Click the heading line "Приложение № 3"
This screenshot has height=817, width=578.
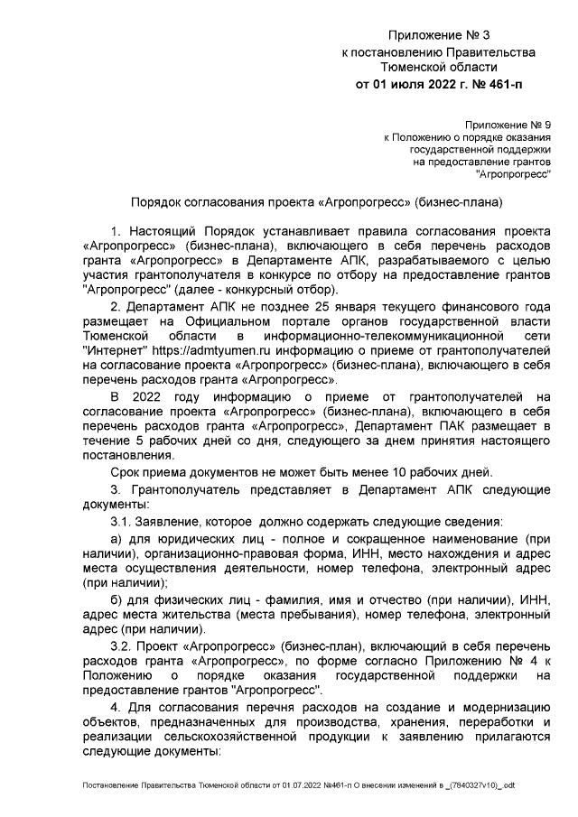pyautogui.click(x=438, y=36)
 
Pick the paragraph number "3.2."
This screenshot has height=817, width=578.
pyautogui.click(x=123, y=649)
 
